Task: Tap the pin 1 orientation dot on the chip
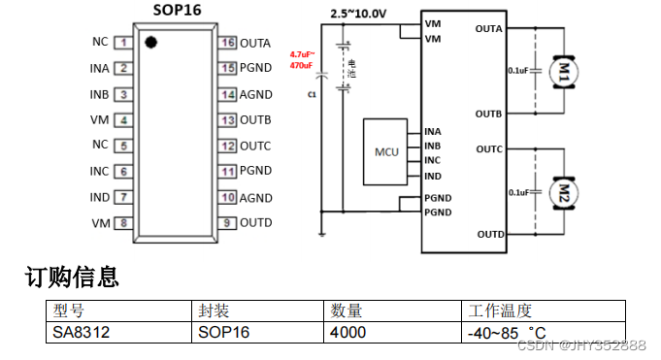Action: click(150, 42)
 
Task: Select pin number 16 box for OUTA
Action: click(228, 43)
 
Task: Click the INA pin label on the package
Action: click(99, 68)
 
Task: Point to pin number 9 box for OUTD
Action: click(228, 223)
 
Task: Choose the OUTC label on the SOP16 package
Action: click(255, 146)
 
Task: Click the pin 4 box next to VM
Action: click(124, 120)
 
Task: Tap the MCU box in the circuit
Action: click(386, 152)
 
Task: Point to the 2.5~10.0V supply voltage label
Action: click(357, 14)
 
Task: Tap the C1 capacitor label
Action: click(312, 95)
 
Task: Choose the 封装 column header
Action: click(214, 311)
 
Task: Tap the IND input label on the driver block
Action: click(433, 176)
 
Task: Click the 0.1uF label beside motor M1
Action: click(517, 70)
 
